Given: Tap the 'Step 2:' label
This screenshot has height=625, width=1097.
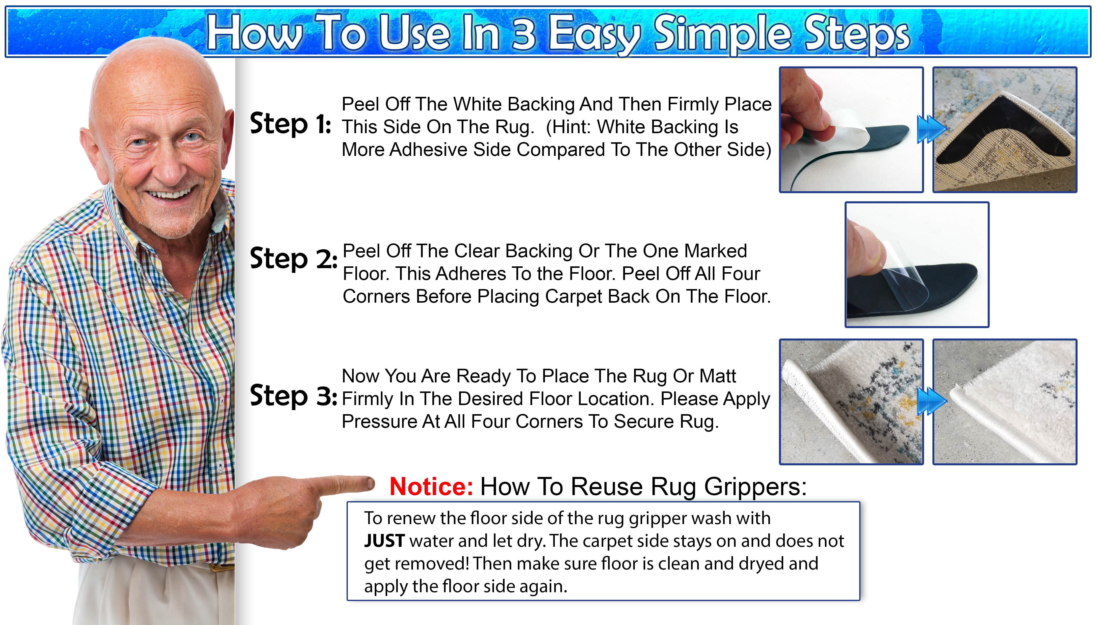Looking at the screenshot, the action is (x=293, y=259).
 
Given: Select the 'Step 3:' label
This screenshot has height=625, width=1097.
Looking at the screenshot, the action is (x=293, y=396).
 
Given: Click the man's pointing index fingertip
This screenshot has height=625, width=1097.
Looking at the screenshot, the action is (x=370, y=484).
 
